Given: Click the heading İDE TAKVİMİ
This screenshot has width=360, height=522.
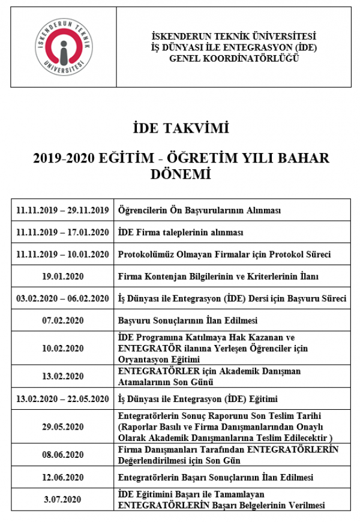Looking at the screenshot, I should pos(181,128).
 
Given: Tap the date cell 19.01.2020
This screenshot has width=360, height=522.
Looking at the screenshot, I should pos(63,276).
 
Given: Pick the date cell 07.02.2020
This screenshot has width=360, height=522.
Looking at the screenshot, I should pos(63,320).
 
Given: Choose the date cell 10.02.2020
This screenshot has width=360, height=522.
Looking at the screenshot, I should pos(63,348).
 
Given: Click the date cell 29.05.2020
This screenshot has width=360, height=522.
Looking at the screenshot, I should pos(63,427).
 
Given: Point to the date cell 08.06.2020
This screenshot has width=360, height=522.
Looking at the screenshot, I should pos(63,455).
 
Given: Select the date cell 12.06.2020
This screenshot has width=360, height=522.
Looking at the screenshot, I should pos(63,478).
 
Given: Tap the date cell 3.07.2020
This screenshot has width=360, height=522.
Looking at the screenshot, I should pos(63,499).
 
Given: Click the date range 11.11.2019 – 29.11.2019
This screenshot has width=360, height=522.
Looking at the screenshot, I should pos(63,210).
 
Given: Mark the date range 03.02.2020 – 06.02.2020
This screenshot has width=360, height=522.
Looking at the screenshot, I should pos(63,298).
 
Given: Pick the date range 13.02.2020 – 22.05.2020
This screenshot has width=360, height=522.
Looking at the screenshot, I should pos(63,399).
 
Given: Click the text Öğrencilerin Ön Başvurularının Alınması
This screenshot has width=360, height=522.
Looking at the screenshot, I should pos(200,210).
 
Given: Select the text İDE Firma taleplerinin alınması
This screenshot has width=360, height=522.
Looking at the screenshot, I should pos(180,232).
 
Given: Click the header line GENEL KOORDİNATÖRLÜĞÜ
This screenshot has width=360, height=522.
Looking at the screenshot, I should pos(234,59).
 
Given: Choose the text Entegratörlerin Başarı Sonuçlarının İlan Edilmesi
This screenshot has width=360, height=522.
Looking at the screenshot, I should pos(215,478).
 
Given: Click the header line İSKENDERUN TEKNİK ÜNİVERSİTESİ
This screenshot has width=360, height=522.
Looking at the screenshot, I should pos(234,37).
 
